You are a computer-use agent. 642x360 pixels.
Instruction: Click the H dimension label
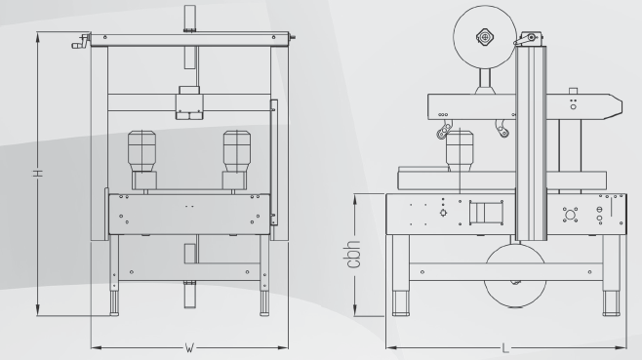point(38,174)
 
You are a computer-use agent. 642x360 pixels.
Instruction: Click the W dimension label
point(189,348)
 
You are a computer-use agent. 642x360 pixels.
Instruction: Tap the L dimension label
point(505,348)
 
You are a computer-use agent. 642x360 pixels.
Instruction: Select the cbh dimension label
point(353,255)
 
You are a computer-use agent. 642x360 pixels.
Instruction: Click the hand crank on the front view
point(81,42)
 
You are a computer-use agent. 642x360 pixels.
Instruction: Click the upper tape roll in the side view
point(485,37)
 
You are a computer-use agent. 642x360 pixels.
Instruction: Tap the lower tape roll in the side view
point(515,276)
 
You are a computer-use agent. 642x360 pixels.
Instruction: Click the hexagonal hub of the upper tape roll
point(485,37)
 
